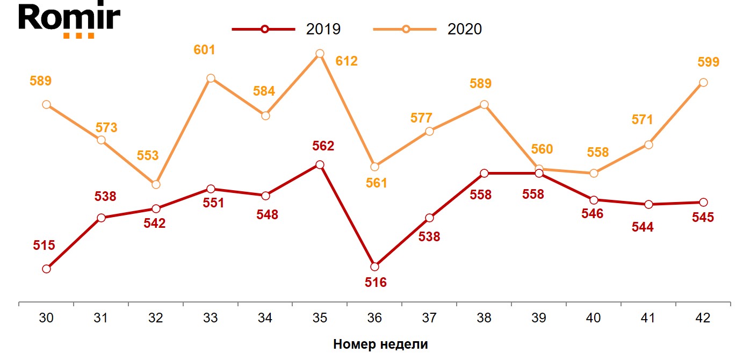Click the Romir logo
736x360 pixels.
coord(69,20)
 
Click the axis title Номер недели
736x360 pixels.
coord(380,344)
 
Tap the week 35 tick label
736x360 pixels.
coord(320,318)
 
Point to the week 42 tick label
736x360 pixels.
coord(702,318)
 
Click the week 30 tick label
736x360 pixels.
coord(46,318)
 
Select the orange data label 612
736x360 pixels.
coord(347,61)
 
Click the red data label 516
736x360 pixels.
coord(376,282)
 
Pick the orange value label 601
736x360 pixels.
coord(204,50)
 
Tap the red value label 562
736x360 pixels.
coord(323,146)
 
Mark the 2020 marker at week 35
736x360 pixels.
coord(320,53)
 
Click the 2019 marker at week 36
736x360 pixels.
coord(374,267)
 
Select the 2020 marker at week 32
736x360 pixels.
coord(156,184)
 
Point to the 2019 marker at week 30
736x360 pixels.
coord(46,269)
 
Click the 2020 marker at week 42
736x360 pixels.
coord(703,82)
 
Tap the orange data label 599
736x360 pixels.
coord(708,62)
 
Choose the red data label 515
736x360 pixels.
coord(44,246)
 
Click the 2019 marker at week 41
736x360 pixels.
coord(648,204)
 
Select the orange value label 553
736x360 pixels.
coord(148,156)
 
